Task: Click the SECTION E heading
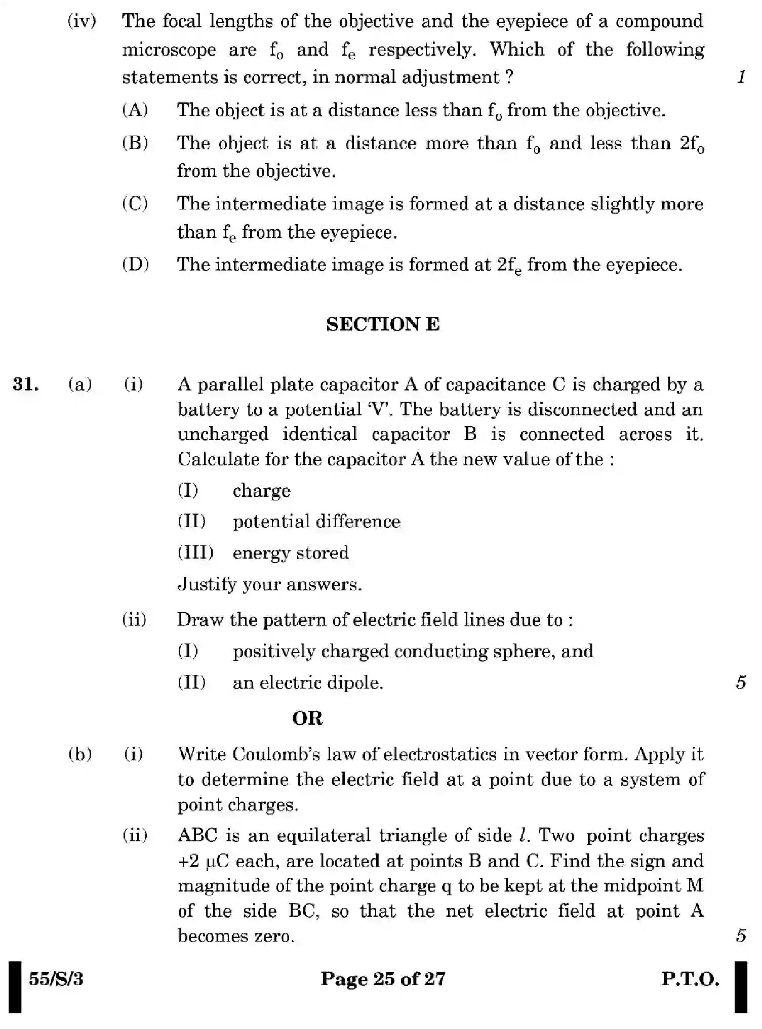pyautogui.click(x=383, y=324)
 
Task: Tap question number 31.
pyautogui.click(x=26, y=384)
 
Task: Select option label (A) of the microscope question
pyautogui.click(x=135, y=110)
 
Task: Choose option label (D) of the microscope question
pyautogui.click(x=135, y=265)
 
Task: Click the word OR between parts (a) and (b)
pyautogui.click(x=307, y=718)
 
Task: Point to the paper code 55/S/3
pyautogui.click(x=56, y=979)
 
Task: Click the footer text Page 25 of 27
pyautogui.click(x=383, y=979)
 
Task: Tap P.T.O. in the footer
pyautogui.click(x=690, y=979)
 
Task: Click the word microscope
pyautogui.click(x=169, y=50)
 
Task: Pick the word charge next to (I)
pyautogui.click(x=261, y=491)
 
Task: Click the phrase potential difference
pyautogui.click(x=316, y=522)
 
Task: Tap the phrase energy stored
pyautogui.click(x=291, y=553)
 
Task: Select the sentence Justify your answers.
pyautogui.click(x=270, y=584)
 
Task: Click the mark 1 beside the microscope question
pyautogui.click(x=741, y=77)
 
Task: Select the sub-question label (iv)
pyautogui.click(x=82, y=22)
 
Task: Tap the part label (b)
pyautogui.click(x=80, y=754)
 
